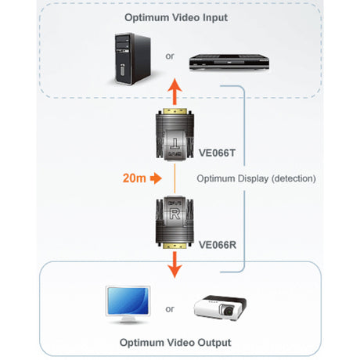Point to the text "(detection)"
pos(289,178)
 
